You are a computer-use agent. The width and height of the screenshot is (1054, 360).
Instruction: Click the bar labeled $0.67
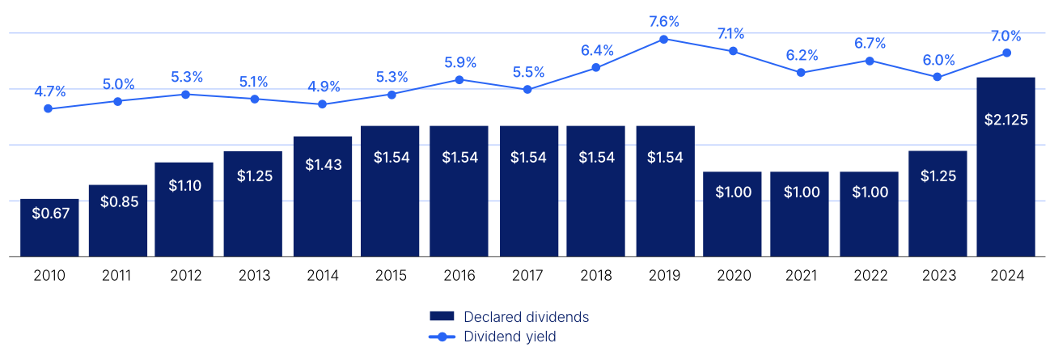[49, 227]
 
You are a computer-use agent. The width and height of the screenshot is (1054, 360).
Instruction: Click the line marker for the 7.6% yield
[664, 39]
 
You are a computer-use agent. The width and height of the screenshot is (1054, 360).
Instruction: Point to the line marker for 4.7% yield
[49, 108]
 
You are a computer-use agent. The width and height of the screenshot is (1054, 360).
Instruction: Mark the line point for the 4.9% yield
[322, 104]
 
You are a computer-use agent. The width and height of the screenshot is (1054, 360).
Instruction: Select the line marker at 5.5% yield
[527, 89]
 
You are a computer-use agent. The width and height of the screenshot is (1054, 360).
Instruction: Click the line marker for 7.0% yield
[1006, 53]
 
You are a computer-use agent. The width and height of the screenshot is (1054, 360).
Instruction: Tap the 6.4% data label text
[596, 50]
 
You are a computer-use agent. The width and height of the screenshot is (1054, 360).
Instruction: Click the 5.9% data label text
[460, 62]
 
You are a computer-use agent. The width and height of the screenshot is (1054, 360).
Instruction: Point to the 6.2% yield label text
[801, 56]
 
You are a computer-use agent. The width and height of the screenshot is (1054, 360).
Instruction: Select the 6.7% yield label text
[870, 44]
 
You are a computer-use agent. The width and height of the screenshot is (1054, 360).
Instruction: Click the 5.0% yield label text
[118, 84]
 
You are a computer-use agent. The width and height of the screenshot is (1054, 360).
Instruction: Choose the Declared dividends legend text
[525, 316]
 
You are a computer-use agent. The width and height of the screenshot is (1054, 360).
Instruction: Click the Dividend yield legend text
[509, 337]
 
